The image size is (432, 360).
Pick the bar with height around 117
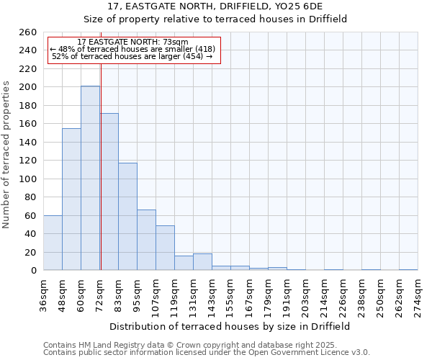(x=127, y=216)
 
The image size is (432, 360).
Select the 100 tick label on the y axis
(x=27, y=179)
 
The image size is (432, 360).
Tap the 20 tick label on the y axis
(x=30, y=253)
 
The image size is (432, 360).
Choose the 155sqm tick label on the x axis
(x=230, y=294)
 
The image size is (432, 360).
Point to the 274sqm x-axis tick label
(x=418, y=294)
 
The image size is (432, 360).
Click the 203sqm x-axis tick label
(x=305, y=294)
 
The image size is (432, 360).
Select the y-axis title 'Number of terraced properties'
(x=7, y=155)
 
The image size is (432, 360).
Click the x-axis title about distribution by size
(x=230, y=326)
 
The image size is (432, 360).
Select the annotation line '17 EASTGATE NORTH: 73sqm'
(x=132, y=42)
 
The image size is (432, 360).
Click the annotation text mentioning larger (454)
(x=132, y=56)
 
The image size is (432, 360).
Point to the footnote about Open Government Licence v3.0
(x=207, y=353)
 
